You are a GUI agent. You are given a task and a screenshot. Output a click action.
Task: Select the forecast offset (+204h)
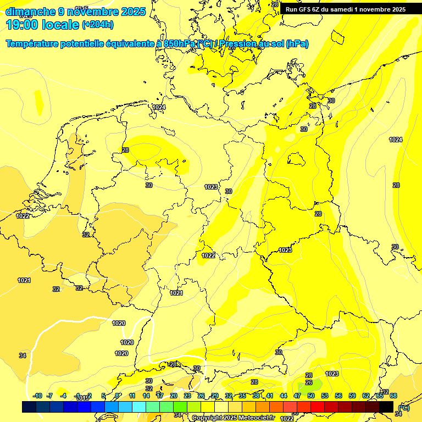[98, 25]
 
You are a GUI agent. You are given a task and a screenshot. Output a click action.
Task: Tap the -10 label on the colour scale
[38, 396]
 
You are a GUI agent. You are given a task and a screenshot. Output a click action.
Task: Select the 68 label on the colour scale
[393, 396]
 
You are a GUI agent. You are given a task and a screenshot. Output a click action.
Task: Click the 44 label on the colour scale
[284, 396]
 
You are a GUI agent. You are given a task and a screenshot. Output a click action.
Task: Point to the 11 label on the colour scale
[132, 396]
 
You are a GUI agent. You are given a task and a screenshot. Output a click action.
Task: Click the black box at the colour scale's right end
[386, 407]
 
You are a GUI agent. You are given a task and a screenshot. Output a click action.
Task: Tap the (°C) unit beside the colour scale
[403, 408]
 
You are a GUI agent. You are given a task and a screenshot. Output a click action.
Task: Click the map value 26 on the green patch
[309, 382]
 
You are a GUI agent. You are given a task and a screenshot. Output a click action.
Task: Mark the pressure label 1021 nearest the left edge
[24, 281]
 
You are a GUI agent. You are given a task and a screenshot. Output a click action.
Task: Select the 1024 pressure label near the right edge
[396, 140]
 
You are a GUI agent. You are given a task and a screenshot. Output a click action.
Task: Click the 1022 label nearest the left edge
[23, 216]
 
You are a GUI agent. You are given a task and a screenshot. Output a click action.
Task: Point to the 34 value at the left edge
[23, 356]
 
